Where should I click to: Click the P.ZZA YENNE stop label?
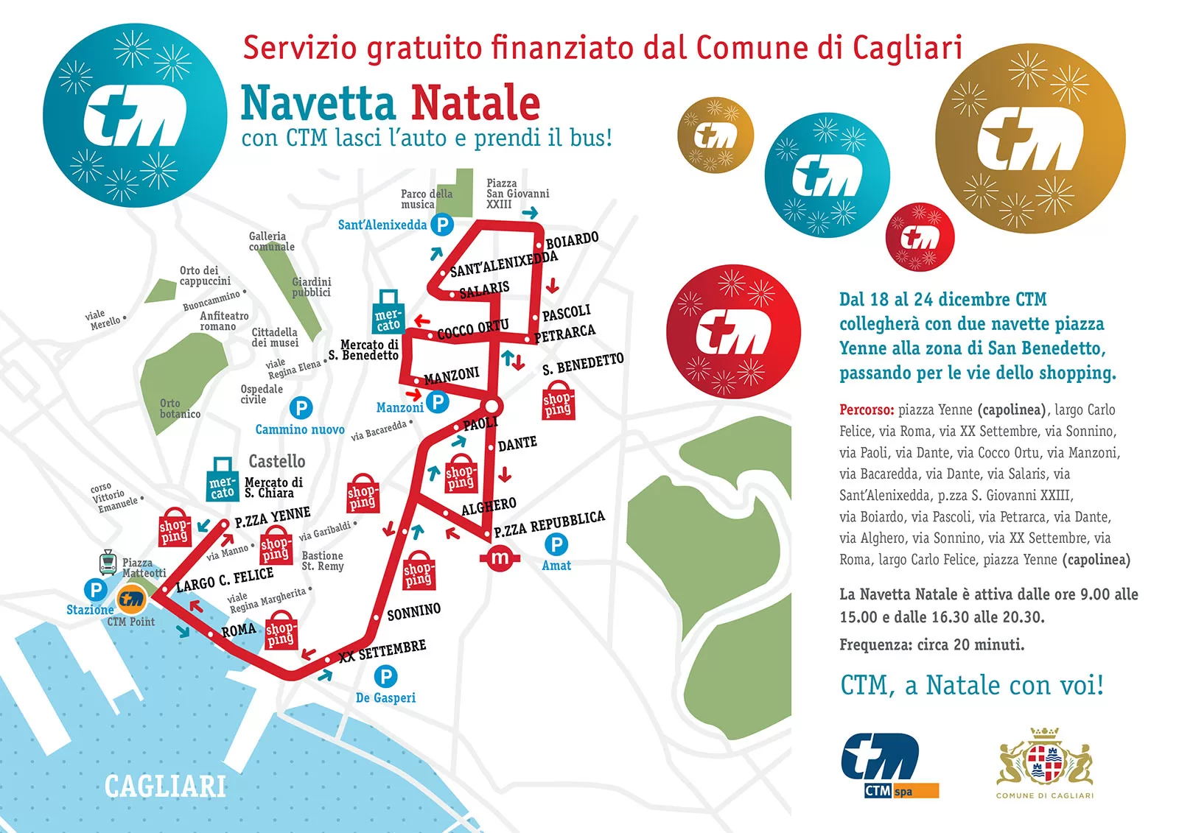tap(273, 517)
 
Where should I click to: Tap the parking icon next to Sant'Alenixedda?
tap(441, 225)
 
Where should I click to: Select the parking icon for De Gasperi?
tap(385, 675)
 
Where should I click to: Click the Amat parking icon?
tap(556, 544)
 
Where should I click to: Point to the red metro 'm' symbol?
tap(500, 558)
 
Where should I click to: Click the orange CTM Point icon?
tap(132, 600)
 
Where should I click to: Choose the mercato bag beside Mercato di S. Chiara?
tap(222, 480)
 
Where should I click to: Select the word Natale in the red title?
tap(475, 103)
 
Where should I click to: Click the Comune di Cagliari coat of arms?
tap(1044, 760)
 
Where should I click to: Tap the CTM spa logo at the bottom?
tap(889, 765)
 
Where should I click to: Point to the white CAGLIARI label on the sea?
tap(165, 787)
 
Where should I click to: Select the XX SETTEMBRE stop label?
tap(382, 651)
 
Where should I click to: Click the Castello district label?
tap(276, 461)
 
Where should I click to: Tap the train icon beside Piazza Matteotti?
tap(108, 563)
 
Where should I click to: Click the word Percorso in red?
tap(866, 410)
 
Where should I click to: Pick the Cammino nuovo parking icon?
tap(301, 407)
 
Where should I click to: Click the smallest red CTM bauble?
tap(920, 237)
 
